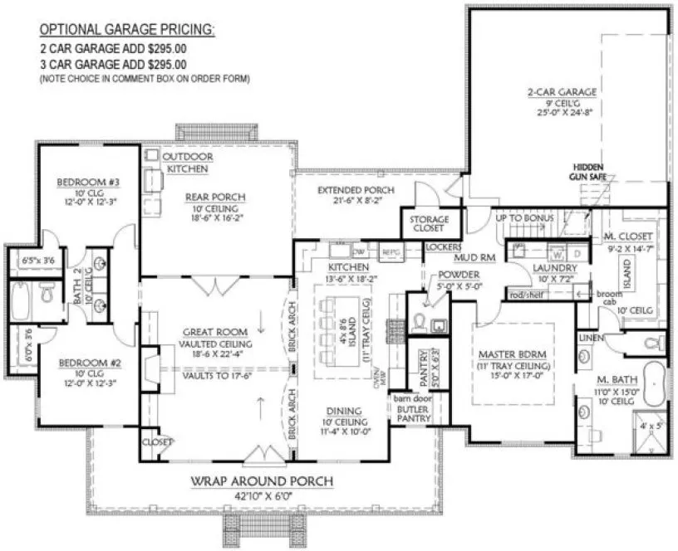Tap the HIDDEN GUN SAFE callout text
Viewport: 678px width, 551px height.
tap(588, 172)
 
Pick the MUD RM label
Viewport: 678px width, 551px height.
tap(476, 258)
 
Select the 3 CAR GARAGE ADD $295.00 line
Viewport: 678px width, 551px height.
tap(113, 63)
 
